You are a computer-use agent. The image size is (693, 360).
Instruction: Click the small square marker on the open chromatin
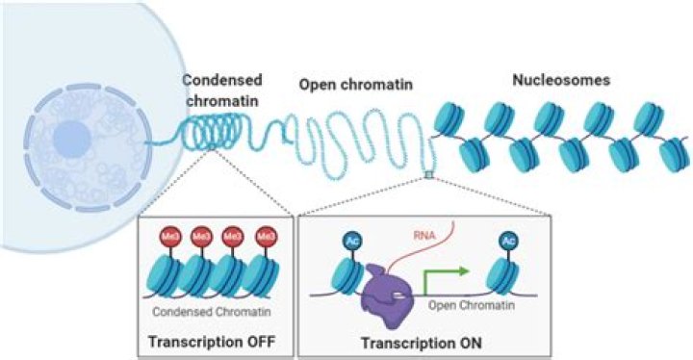428,174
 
